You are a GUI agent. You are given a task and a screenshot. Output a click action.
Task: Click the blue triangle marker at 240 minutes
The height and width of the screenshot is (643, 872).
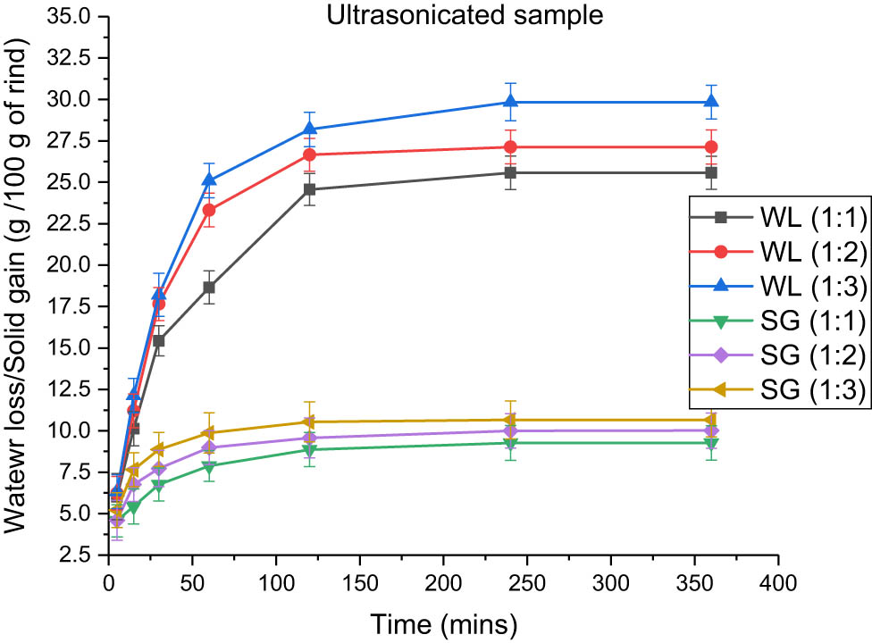pos(510,102)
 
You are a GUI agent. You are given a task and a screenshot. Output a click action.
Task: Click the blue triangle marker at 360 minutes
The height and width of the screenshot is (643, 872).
pos(711,102)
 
